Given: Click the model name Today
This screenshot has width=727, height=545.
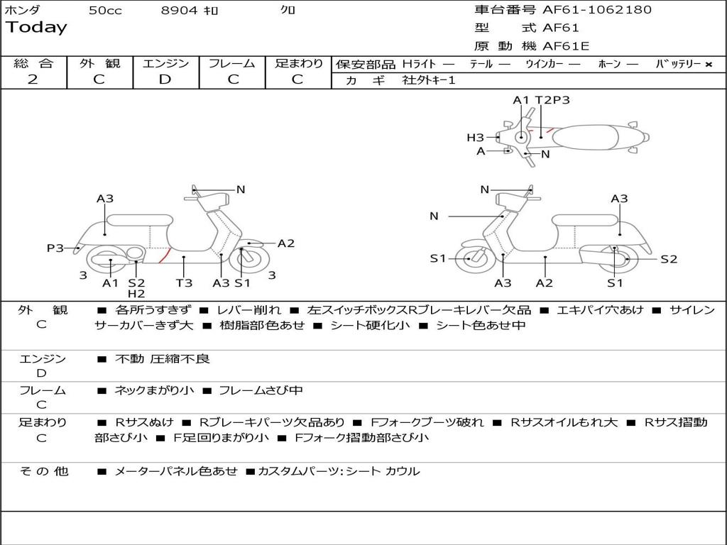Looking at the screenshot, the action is click(36, 28).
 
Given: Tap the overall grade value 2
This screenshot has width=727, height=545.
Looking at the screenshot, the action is click(33, 79).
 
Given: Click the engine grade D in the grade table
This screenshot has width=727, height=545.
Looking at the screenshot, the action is click(165, 79).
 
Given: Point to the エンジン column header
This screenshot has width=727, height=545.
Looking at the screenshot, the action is click(165, 63).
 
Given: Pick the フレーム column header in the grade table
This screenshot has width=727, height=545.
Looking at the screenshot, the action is click(231, 63).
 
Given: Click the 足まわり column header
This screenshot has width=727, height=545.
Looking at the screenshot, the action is click(298, 63).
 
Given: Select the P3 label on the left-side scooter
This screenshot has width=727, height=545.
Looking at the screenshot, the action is click(55, 248).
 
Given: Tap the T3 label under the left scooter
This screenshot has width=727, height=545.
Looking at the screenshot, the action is click(184, 283).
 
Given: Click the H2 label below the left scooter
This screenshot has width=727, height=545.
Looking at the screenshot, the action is click(136, 294).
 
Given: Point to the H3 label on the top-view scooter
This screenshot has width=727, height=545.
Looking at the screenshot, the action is click(475, 138).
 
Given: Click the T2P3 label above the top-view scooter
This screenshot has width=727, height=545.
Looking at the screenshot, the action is click(552, 100).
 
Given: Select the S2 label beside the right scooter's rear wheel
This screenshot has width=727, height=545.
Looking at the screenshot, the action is click(669, 259).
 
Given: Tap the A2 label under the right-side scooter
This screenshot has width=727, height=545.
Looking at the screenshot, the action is click(545, 283).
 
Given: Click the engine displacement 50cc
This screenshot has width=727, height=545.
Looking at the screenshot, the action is click(105, 11).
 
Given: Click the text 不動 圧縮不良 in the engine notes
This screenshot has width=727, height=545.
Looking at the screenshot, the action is click(163, 359).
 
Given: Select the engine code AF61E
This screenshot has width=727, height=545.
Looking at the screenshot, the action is click(566, 47).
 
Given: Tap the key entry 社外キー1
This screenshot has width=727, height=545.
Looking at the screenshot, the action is click(429, 80).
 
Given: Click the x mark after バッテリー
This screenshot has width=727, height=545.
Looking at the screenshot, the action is click(708, 64).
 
